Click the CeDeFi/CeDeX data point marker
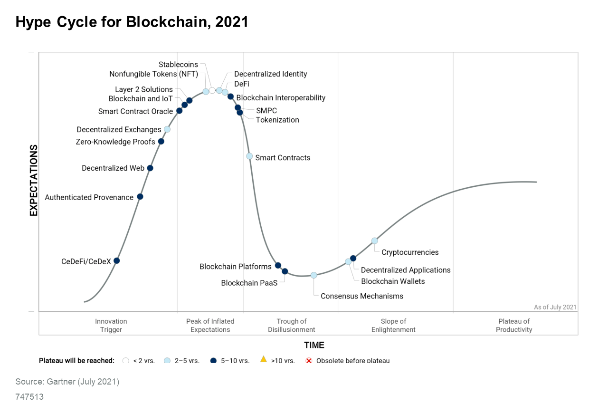(116, 260)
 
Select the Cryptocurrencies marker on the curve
(374, 241)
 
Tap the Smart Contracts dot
(249, 156)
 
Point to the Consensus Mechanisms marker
(313, 275)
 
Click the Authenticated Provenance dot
(140, 196)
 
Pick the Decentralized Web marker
(150, 168)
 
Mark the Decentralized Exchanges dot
(167, 129)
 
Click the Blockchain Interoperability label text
(281, 98)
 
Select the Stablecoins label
(178, 65)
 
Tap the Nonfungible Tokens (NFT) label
(153, 74)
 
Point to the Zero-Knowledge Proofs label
(115, 142)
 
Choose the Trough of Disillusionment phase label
(291, 326)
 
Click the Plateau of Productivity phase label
(514, 326)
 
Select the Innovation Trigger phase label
(111, 326)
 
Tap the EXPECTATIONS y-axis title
(34, 181)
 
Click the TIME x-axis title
(314, 345)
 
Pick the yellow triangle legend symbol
(263, 359)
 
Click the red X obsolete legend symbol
(308, 360)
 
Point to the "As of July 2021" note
(555, 307)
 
